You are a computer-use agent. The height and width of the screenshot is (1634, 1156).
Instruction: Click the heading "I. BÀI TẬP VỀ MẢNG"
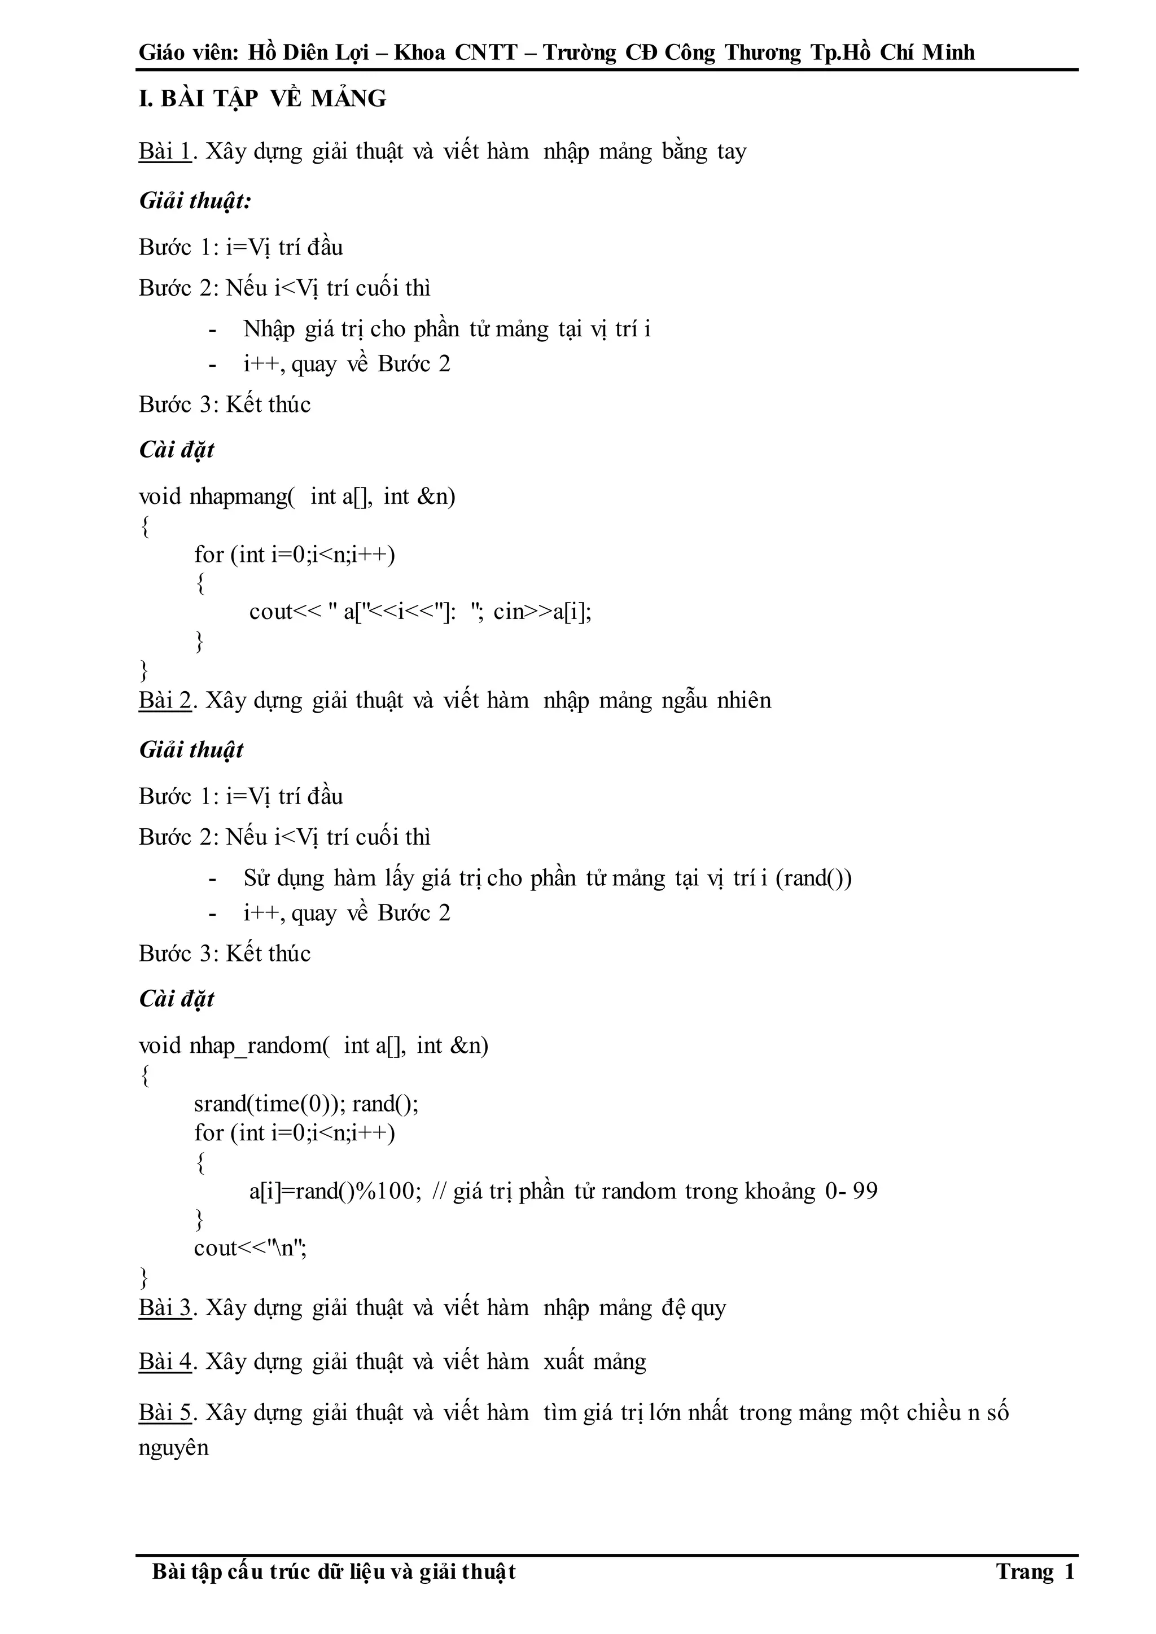(x=262, y=99)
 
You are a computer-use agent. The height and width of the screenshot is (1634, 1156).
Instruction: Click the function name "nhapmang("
(x=242, y=497)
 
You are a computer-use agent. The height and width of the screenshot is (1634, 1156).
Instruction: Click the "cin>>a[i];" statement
(x=542, y=612)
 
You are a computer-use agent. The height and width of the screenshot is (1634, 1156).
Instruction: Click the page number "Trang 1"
(x=1035, y=1571)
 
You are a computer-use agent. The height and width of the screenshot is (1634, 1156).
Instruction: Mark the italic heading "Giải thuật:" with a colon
(x=196, y=201)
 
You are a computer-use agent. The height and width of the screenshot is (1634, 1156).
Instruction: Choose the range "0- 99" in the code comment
(x=851, y=1191)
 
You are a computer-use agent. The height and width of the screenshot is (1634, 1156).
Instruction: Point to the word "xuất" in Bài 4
(x=564, y=1362)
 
